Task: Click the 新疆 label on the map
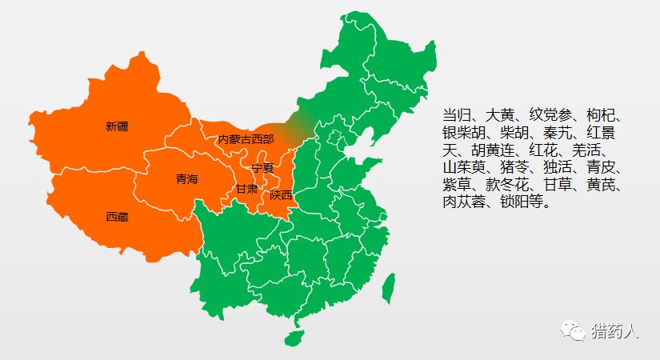(117, 126)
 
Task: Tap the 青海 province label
(187, 180)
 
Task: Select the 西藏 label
(117, 217)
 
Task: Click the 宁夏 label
(262, 168)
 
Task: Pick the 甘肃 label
(246, 190)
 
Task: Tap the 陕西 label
(282, 194)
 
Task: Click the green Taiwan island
(388, 288)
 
